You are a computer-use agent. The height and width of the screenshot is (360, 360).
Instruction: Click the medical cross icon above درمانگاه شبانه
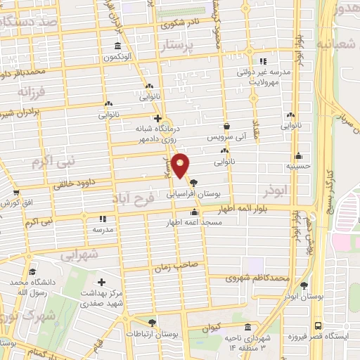pos(158,119)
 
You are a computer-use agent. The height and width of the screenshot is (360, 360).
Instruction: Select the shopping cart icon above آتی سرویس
pos(226,127)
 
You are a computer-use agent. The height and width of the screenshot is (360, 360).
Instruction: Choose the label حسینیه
pos(300,167)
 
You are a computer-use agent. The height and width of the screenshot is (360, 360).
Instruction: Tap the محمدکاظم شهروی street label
pos(257,279)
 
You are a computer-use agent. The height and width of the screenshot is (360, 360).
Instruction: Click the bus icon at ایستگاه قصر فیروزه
pos(319,326)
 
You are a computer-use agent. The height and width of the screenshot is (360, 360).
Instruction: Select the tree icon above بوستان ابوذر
pos(304,285)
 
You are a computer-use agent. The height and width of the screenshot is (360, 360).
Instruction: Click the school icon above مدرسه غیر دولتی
pos(264,61)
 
